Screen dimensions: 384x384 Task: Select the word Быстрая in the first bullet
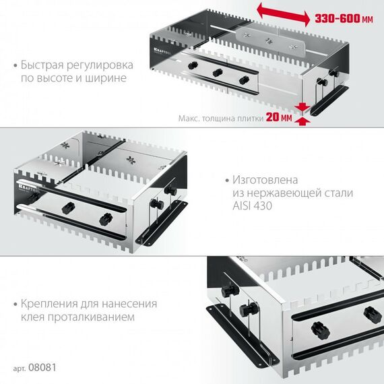[46, 65]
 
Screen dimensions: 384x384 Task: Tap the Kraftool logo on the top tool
[163, 49]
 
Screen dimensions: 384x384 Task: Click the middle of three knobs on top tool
[217, 73]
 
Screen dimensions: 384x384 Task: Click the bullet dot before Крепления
[15, 304]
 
